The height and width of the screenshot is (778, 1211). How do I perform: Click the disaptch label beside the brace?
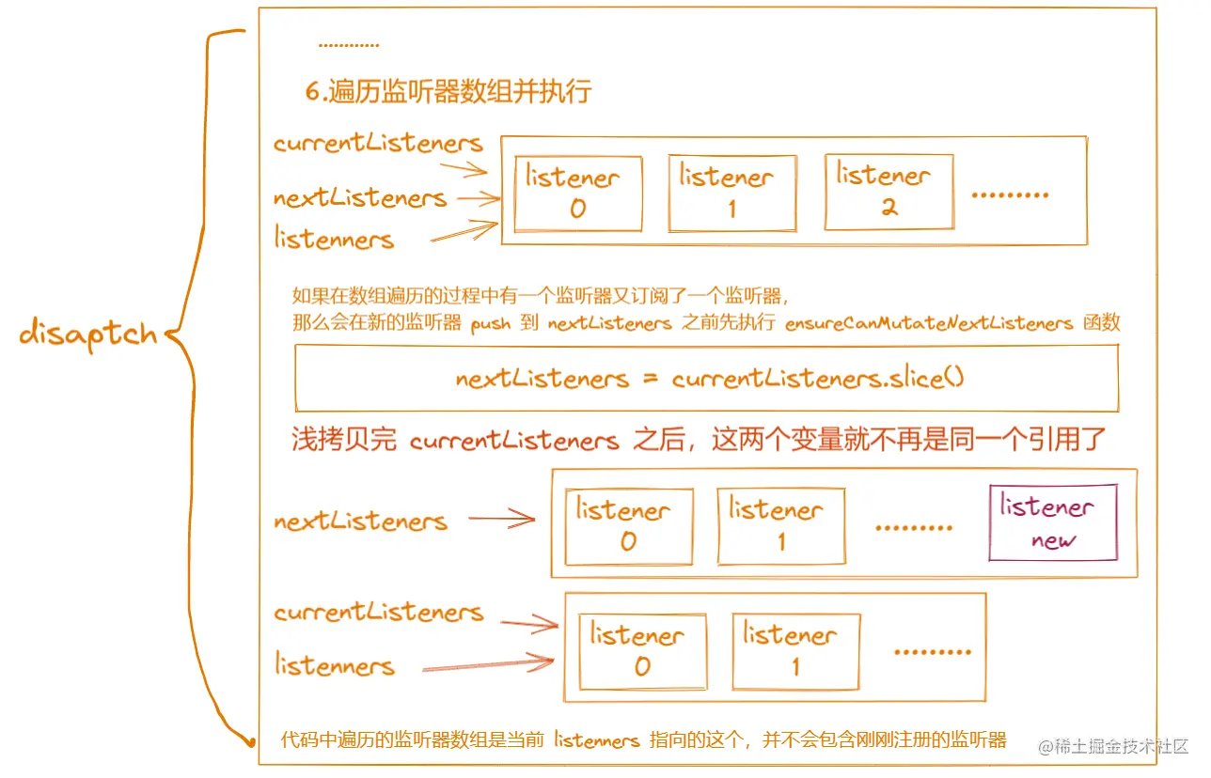point(87,335)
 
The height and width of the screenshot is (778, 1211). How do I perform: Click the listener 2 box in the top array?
point(889,192)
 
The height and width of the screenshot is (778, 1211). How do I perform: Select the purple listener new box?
point(1052,522)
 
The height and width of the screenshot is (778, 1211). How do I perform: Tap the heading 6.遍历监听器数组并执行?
point(448,91)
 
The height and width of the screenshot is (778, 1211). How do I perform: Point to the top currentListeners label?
point(378,143)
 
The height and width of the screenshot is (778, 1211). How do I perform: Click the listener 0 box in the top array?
point(578,194)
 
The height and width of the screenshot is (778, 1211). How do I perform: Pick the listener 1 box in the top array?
point(731,193)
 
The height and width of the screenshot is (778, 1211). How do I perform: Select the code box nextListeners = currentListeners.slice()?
point(707,378)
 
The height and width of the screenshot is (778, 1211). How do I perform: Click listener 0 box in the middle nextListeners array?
point(628,526)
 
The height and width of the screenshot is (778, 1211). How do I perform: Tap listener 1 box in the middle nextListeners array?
point(780,525)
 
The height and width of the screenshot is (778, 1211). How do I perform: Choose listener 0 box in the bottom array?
point(642,651)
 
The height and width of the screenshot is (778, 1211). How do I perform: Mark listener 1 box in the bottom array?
point(795,651)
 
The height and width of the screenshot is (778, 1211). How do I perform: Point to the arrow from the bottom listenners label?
point(487,666)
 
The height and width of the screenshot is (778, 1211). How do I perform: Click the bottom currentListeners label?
point(378,613)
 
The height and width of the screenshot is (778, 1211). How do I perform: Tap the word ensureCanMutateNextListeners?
point(929,323)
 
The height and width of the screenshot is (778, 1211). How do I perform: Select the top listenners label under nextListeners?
point(334,239)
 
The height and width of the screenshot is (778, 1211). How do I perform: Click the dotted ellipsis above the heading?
point(348,45)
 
